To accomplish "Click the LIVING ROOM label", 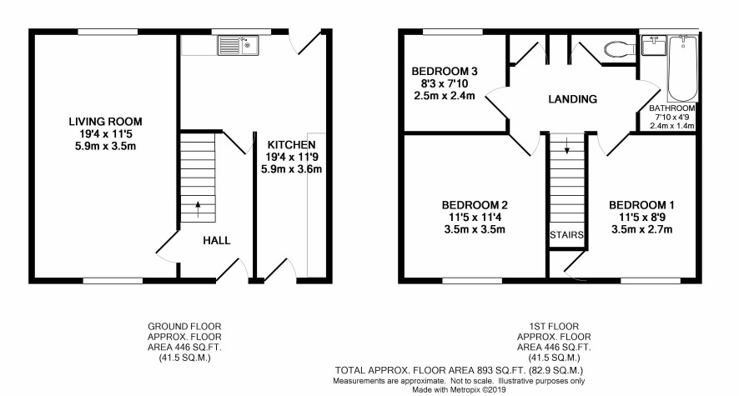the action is pos(105,122).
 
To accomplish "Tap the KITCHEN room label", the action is pos(291,144).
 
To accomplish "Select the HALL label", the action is pos(216,241).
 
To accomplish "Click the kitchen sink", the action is pos(238,45).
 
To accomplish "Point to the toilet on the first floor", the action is pos(621,48).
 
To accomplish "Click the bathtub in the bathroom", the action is pos(682,68).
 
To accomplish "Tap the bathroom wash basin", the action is pos(654,45).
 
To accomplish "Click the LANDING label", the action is pos(573,99).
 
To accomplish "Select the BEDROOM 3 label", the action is pos(445,72).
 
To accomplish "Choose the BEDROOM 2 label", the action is pos(475,205).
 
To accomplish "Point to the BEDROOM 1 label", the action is pos(641,205).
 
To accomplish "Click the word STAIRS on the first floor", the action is pos(566,234).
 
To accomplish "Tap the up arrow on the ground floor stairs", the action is pos(198,209).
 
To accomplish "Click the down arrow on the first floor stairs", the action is pos(567,146).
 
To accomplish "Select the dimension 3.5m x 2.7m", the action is pos(641,230).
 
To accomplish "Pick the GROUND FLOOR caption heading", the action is pos(184,326).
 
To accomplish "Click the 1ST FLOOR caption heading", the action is pos(554,326).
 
